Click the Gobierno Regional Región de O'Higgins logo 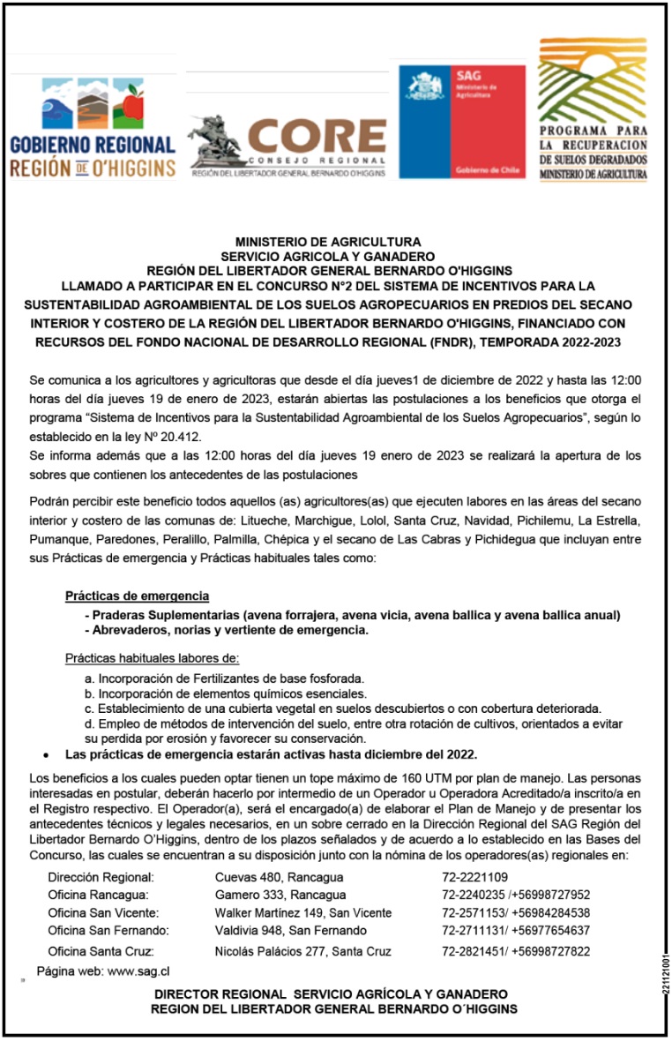(92, 129)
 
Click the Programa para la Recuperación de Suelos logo (593, 109)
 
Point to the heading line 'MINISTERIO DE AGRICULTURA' (328, 241)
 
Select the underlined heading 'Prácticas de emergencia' (137, 597)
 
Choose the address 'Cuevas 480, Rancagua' (279, 878)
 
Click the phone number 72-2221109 (474, 878)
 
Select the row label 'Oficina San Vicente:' (103, 913)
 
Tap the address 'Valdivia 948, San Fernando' (290, 931)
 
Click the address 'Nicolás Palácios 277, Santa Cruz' (302, 952)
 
